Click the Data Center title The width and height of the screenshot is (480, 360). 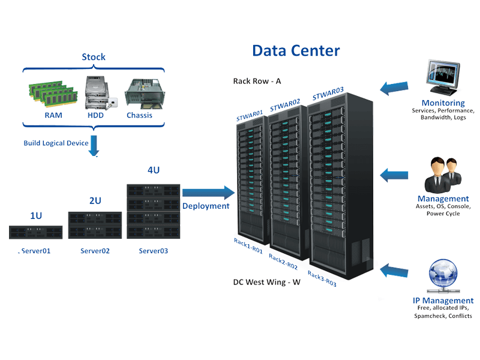[x=296, y=50]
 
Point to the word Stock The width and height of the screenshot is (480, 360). [x=94, y=58]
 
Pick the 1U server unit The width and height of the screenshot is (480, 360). [x=36, y=232]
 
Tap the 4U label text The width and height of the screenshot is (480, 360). [x=154, y=170]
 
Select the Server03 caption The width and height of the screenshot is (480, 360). [x=153, y=251]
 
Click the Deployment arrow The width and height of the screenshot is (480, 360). [x=208, y=193]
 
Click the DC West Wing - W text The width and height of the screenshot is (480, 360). [x=266, y=281]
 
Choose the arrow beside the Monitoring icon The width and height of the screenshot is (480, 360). [x=394, y=87]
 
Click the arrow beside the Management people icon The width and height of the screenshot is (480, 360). [x=394, y=175]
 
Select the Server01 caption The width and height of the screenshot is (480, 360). [x=35, y=251]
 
